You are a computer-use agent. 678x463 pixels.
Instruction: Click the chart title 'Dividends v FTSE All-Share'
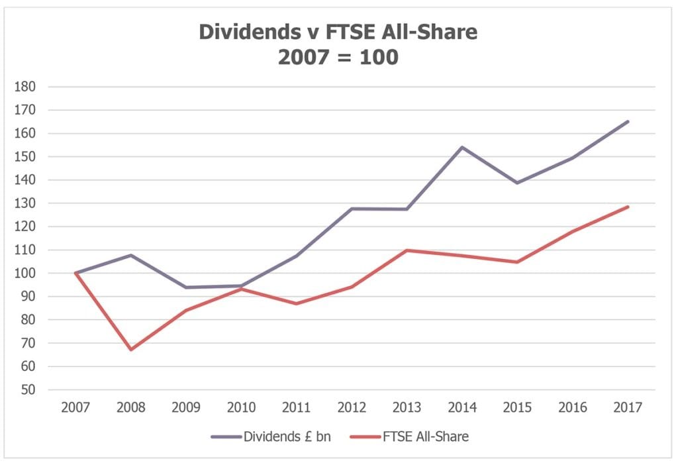coord(338,32)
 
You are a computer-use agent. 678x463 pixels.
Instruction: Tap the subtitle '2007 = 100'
coord(338,57)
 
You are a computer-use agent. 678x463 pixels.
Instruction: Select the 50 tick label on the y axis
coord(28,390)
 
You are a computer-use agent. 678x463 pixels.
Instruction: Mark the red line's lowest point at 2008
coord(130,350)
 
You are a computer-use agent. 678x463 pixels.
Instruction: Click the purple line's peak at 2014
coord(461,147)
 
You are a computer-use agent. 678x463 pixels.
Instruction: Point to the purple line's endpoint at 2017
coord(628,121)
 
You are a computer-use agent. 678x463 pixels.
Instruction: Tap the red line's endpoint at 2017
coord(628,207)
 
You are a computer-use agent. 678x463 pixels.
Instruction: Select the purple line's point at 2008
coord(130,255)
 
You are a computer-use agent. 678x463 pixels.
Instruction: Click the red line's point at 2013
coord(407,250)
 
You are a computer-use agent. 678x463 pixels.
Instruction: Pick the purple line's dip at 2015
coord(517,183)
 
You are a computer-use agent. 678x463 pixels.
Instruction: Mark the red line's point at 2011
coord(296,303)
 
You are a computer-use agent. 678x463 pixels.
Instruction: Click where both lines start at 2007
coord(75,273)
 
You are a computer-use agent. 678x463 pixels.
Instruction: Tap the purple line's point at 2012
coord(351,209)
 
